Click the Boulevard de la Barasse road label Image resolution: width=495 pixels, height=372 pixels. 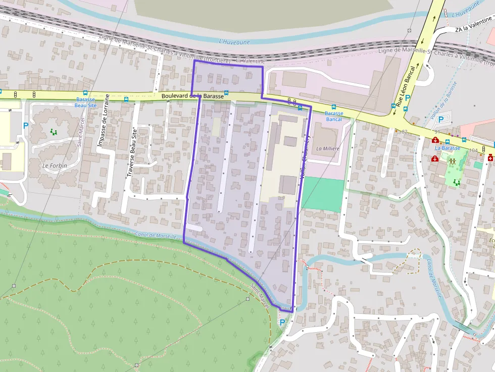(x=192, y=96)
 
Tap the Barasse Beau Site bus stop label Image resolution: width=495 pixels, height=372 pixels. (x=85, y=102)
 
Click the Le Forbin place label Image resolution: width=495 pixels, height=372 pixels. (x=55, y=166)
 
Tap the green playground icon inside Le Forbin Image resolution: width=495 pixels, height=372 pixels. (x=54, y=132)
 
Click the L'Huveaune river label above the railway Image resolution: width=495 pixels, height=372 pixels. (x=234, y=41)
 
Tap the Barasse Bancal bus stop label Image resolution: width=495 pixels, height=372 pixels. (x=333, y=116)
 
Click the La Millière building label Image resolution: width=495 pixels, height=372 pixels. (x=327, y=149)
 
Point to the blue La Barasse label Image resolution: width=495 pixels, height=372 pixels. (x=448, y=148)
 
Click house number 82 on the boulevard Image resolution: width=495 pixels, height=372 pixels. (x=404, y=132)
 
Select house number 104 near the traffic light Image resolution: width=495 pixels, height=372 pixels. (x=473, y=150)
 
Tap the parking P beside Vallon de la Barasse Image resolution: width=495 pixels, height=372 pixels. (x=441, y=120)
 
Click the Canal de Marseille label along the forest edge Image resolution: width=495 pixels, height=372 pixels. (x=156, y=235)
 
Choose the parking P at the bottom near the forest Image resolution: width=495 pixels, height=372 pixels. (x=282, y=322)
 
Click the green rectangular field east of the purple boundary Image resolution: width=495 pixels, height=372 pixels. (x=323, y=195)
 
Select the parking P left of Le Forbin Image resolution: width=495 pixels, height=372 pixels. (x=25, y=125)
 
